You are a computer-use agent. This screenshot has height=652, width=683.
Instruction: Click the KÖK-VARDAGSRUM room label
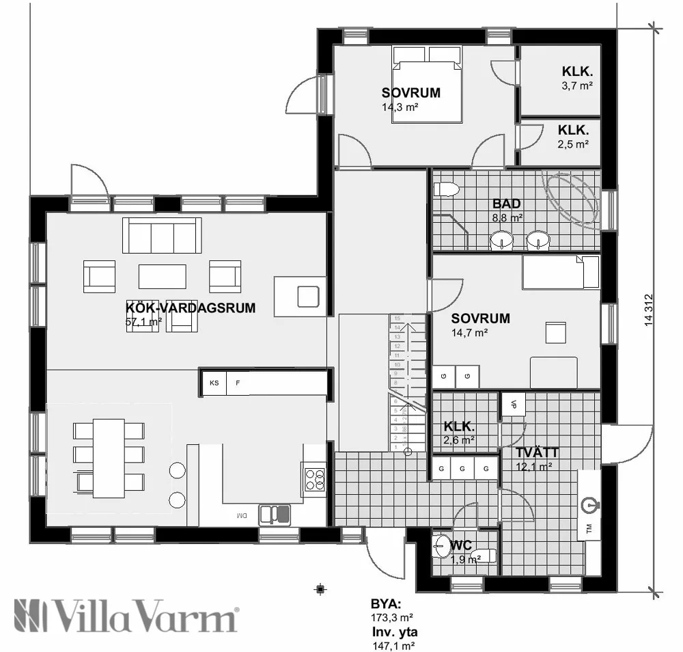[191, 308]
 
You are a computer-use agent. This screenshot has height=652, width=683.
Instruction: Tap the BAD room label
[507, 204]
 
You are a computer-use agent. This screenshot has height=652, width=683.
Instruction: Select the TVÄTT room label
[538, 452]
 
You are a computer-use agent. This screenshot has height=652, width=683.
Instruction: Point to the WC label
[461, 545]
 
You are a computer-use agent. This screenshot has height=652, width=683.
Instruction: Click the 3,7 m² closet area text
[576, 85]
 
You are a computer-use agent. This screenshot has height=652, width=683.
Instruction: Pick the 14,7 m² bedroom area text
[469, 333]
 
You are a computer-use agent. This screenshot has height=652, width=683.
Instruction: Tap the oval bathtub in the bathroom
[570, 198]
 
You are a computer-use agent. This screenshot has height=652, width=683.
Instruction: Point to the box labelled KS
[214, 383]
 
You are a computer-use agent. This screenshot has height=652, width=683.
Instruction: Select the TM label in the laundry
[589, 528]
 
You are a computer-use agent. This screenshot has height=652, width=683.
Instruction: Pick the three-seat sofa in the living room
[162, 234]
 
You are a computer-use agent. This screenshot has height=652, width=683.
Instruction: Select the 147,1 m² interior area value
[392, 644]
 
